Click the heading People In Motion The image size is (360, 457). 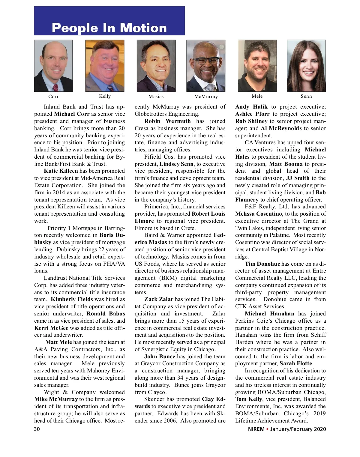point(109,28)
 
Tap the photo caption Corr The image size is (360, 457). point(53,97)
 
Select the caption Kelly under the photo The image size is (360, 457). point(105,96)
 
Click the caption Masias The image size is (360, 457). point(156,97)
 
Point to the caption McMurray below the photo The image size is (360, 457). point(206,97)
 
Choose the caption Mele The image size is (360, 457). point(257,96)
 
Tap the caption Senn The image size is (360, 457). point(306,96)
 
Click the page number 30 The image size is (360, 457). point(37,429)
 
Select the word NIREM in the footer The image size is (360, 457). point(256,429)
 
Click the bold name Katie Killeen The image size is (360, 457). point(61,171)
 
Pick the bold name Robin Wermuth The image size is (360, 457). point(167,121)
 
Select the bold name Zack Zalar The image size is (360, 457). point(159,299)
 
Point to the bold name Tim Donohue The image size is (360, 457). point(262,264)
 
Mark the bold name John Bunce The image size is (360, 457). point(160,357)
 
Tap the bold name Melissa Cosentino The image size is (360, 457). point(259,214)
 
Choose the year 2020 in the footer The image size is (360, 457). point(320,429)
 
